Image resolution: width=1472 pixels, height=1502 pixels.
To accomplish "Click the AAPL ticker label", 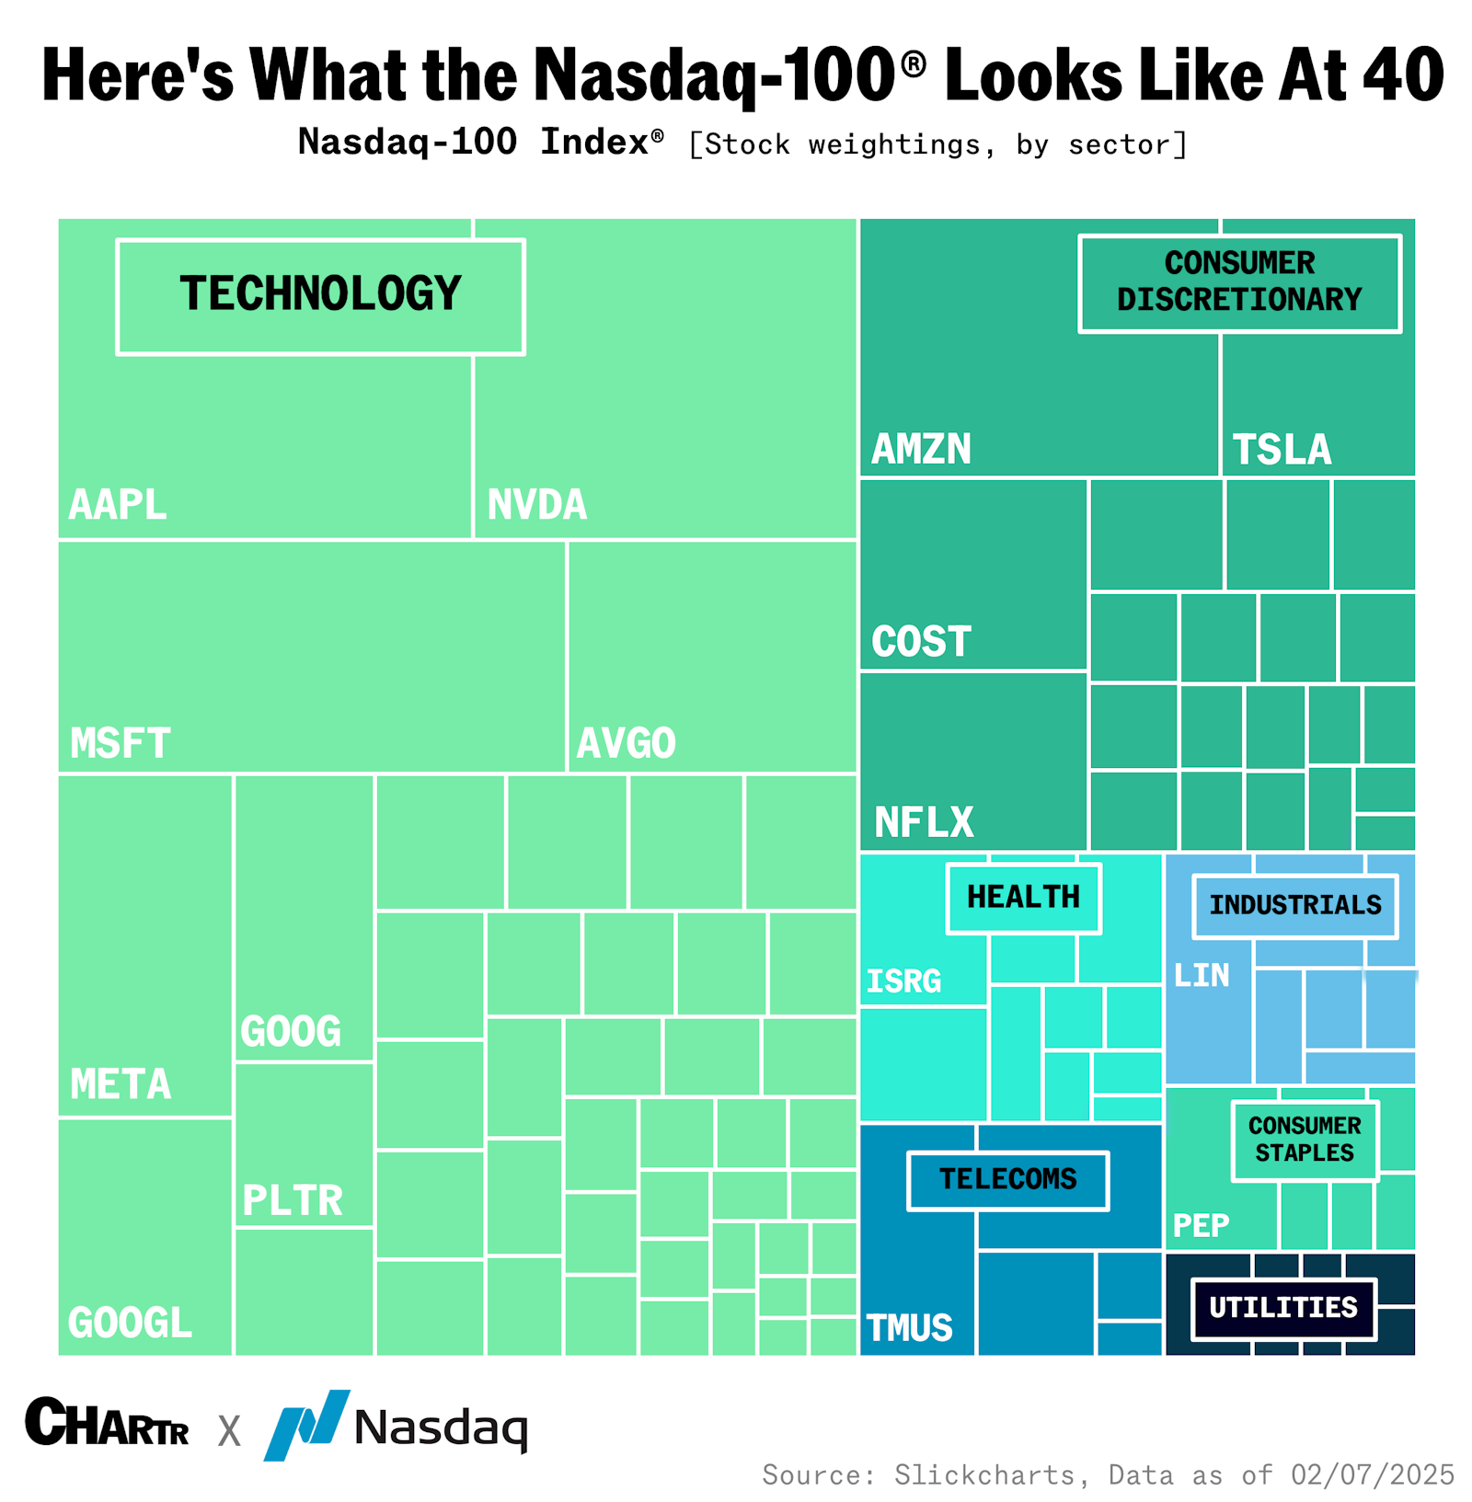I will coord(118,505).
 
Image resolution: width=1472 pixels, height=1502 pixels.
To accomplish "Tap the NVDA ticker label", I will coord(536,505).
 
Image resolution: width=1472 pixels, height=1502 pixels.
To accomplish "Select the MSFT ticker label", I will coord(120,743).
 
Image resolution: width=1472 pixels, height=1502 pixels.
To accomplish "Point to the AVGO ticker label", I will coord(626,743).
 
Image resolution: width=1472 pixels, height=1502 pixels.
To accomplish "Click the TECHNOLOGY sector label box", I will coord(320,296).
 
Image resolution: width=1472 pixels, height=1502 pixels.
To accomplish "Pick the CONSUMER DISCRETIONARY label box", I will coord(1238,282).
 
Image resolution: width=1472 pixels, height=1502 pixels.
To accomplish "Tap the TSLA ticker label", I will coord(1281,450).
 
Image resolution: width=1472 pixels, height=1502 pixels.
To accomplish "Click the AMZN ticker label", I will coord(921,450).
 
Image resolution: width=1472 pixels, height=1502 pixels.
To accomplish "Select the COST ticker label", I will coord(921,642).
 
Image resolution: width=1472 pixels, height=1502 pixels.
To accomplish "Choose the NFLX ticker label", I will coord(923,822).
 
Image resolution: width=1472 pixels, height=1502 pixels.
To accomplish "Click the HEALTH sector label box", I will coord(1023,898).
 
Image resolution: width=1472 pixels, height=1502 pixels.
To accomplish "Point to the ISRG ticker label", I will coord(903,981).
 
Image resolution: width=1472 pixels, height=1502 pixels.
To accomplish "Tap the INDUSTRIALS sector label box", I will coord(1294,906).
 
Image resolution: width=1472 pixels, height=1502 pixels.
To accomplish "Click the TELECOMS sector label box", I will coord(1007,1180).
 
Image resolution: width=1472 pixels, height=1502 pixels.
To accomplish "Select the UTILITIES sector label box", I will coord(1282,1308).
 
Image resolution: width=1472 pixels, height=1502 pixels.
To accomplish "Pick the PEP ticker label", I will coord(1201,1226).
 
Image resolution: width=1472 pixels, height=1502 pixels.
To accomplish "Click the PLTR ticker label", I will coord(292,1201).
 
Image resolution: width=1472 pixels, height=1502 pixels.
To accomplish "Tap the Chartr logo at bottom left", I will coord(107,1424).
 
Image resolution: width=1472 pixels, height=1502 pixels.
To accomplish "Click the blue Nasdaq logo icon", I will coord(306,1424).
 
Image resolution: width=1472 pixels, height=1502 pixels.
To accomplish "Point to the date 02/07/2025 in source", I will coord(1372,1475).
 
